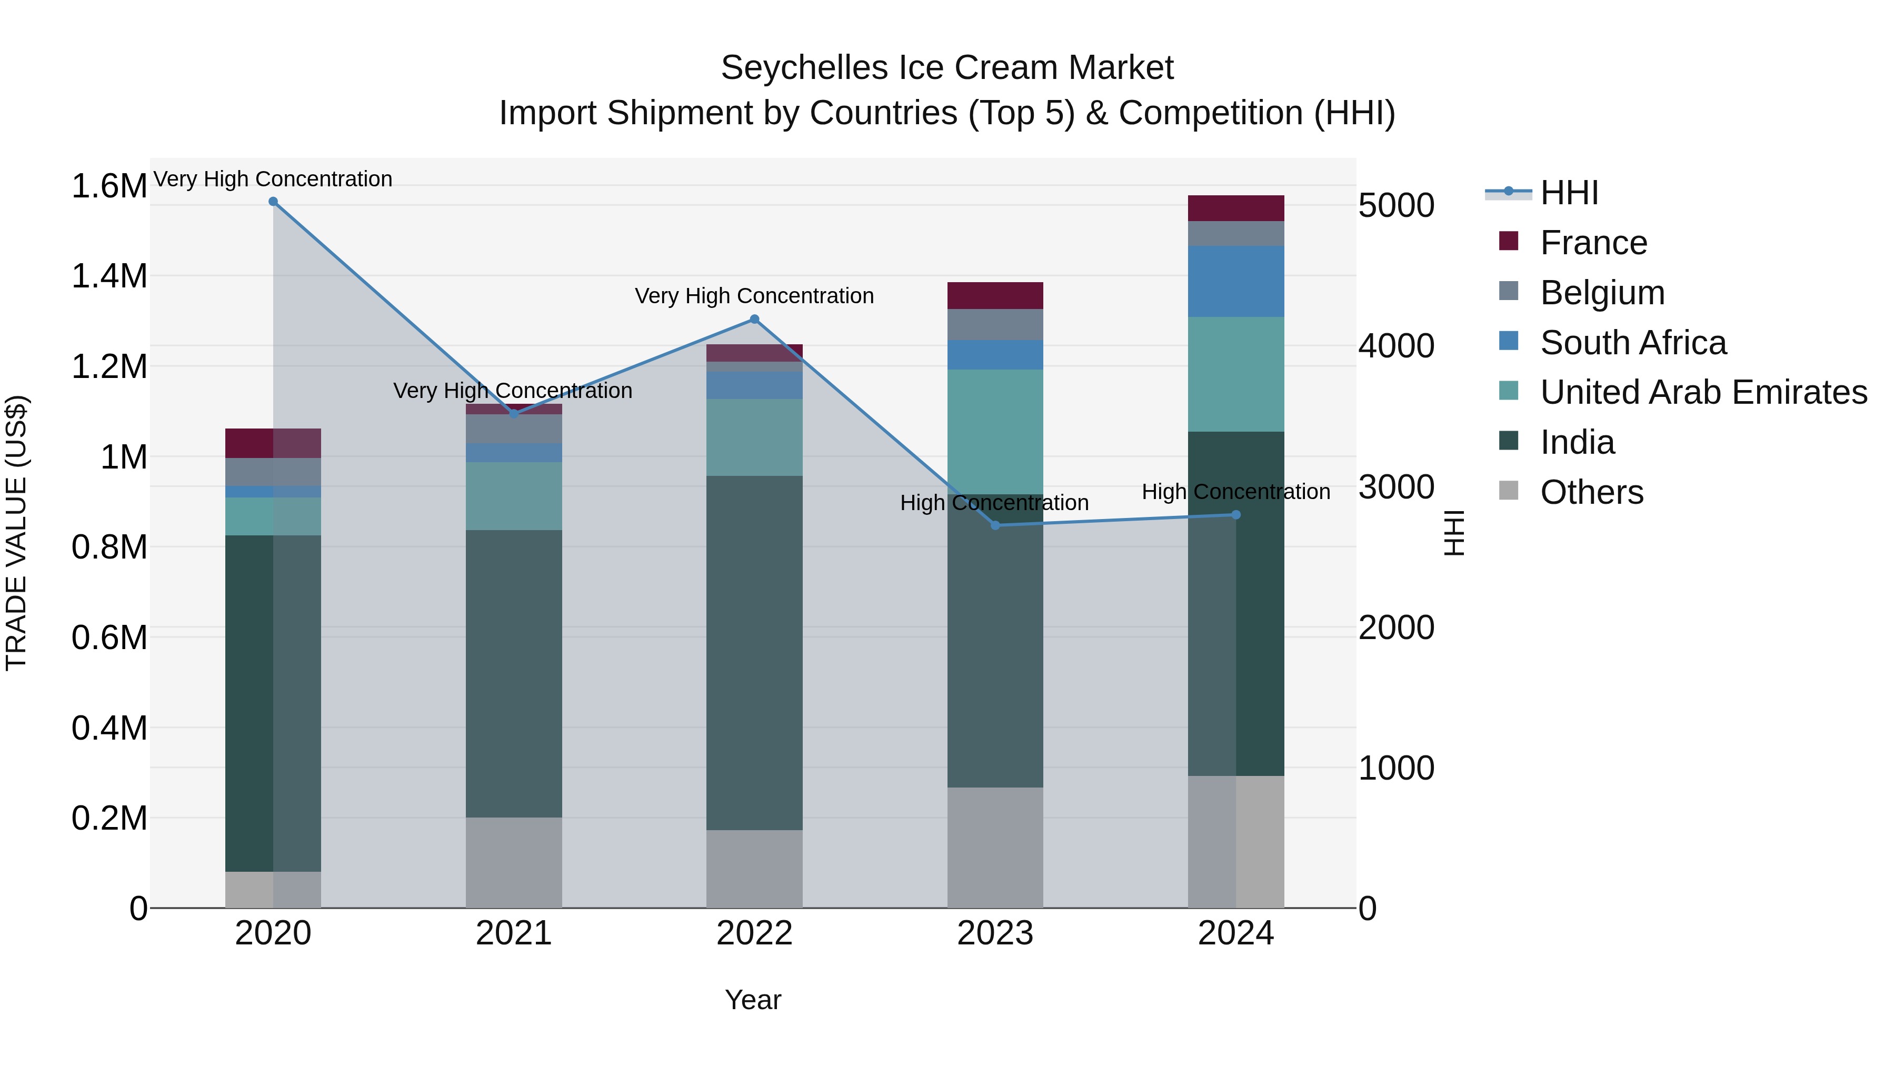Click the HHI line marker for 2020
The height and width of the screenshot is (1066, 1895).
(273, 202)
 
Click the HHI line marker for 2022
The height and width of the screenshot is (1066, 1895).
(754, 320)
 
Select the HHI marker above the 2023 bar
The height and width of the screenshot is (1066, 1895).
(995, 525)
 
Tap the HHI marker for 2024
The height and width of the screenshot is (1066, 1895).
(1236, 515)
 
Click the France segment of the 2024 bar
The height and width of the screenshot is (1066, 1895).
(1236, 208)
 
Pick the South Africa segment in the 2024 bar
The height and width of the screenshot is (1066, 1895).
(1236, 282)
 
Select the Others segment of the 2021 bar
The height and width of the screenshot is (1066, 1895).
(513, 862)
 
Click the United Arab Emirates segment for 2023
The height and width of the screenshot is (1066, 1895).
(995, 432)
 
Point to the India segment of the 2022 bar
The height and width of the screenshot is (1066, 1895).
(754, 653)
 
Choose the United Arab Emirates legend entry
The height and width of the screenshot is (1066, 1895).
(1702, 392)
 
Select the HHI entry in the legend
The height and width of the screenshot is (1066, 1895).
(1569, 193)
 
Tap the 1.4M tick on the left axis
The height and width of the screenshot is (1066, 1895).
(109, 276)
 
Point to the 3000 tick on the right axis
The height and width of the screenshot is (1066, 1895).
(1395, 487)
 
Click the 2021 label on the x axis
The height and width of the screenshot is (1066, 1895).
(513, 933)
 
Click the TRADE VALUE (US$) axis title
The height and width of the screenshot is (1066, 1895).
(17, 533)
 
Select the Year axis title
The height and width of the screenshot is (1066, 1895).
(753, 1000)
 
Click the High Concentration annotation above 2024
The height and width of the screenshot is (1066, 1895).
(1236, 492)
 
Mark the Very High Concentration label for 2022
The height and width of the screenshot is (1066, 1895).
(754, 296)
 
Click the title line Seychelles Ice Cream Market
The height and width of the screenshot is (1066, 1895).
(947, 68)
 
